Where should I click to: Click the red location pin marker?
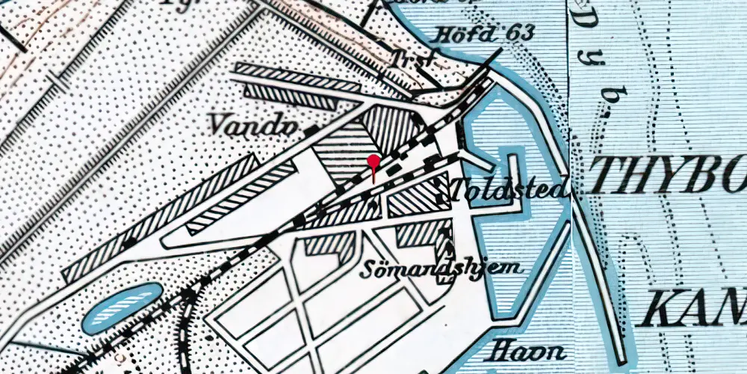coord(373,167)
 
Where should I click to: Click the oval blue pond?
coord(122,308)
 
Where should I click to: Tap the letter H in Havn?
coord(500,351)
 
